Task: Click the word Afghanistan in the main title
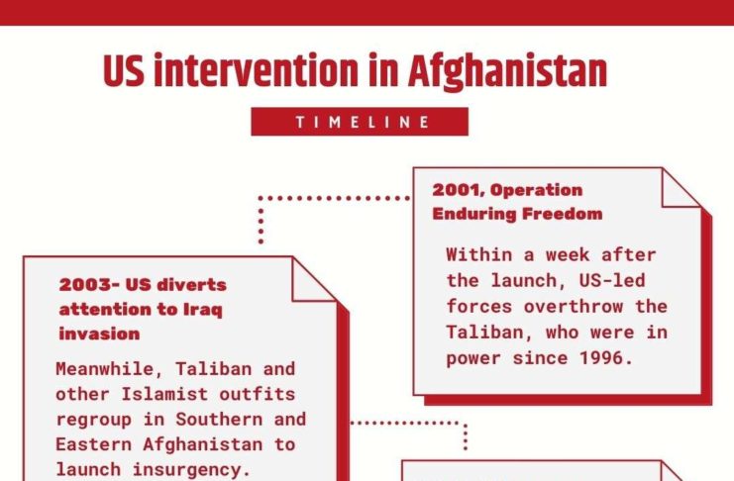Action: [507, 71]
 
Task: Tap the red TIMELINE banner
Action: [360, 122]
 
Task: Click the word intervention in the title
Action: [256, 70]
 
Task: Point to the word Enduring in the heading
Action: [474, 214]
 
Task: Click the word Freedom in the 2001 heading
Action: [563, 214]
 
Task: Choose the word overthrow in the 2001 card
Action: [574, 307]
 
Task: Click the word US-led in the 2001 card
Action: [612, 281]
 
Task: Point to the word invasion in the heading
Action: [99, 335]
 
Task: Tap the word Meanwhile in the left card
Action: [104, 369]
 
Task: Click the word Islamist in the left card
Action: [164, 394]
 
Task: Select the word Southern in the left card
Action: [219, 420]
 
